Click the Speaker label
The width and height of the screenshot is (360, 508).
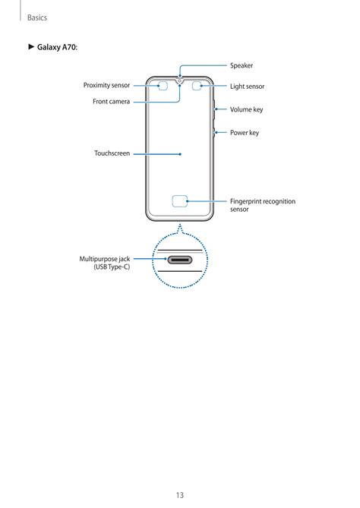click(x=242, y=65)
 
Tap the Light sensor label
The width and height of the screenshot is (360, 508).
click(x=248, y=87)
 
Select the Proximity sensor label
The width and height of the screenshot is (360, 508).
click(x=106, y=85)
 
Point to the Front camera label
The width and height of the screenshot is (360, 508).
click(x=111, y=102)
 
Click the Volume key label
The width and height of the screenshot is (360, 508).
click(x=247, y=109)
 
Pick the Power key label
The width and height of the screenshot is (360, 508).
click(x=245, y=133)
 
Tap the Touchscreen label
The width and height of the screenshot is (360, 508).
click(x=112, y=153)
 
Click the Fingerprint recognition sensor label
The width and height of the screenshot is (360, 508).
click(x=263, y=205)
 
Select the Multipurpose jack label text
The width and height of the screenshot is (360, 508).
click(x=105, y=263)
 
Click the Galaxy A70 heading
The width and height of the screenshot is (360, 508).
click(x=57, y=47)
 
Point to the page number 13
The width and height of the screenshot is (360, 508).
click(x=180, y=495)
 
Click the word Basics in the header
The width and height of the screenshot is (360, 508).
click(x=37, y=17)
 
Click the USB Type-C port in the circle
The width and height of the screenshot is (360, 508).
click(x=180, y=260)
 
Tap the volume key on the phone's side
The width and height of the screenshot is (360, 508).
click(x=214, y=110)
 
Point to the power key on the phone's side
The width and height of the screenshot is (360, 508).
click(x=214, y=133)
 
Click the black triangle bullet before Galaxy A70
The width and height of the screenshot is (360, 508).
click(x=31, y=46)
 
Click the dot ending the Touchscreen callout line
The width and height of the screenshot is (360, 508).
click(x=180, y=154)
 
